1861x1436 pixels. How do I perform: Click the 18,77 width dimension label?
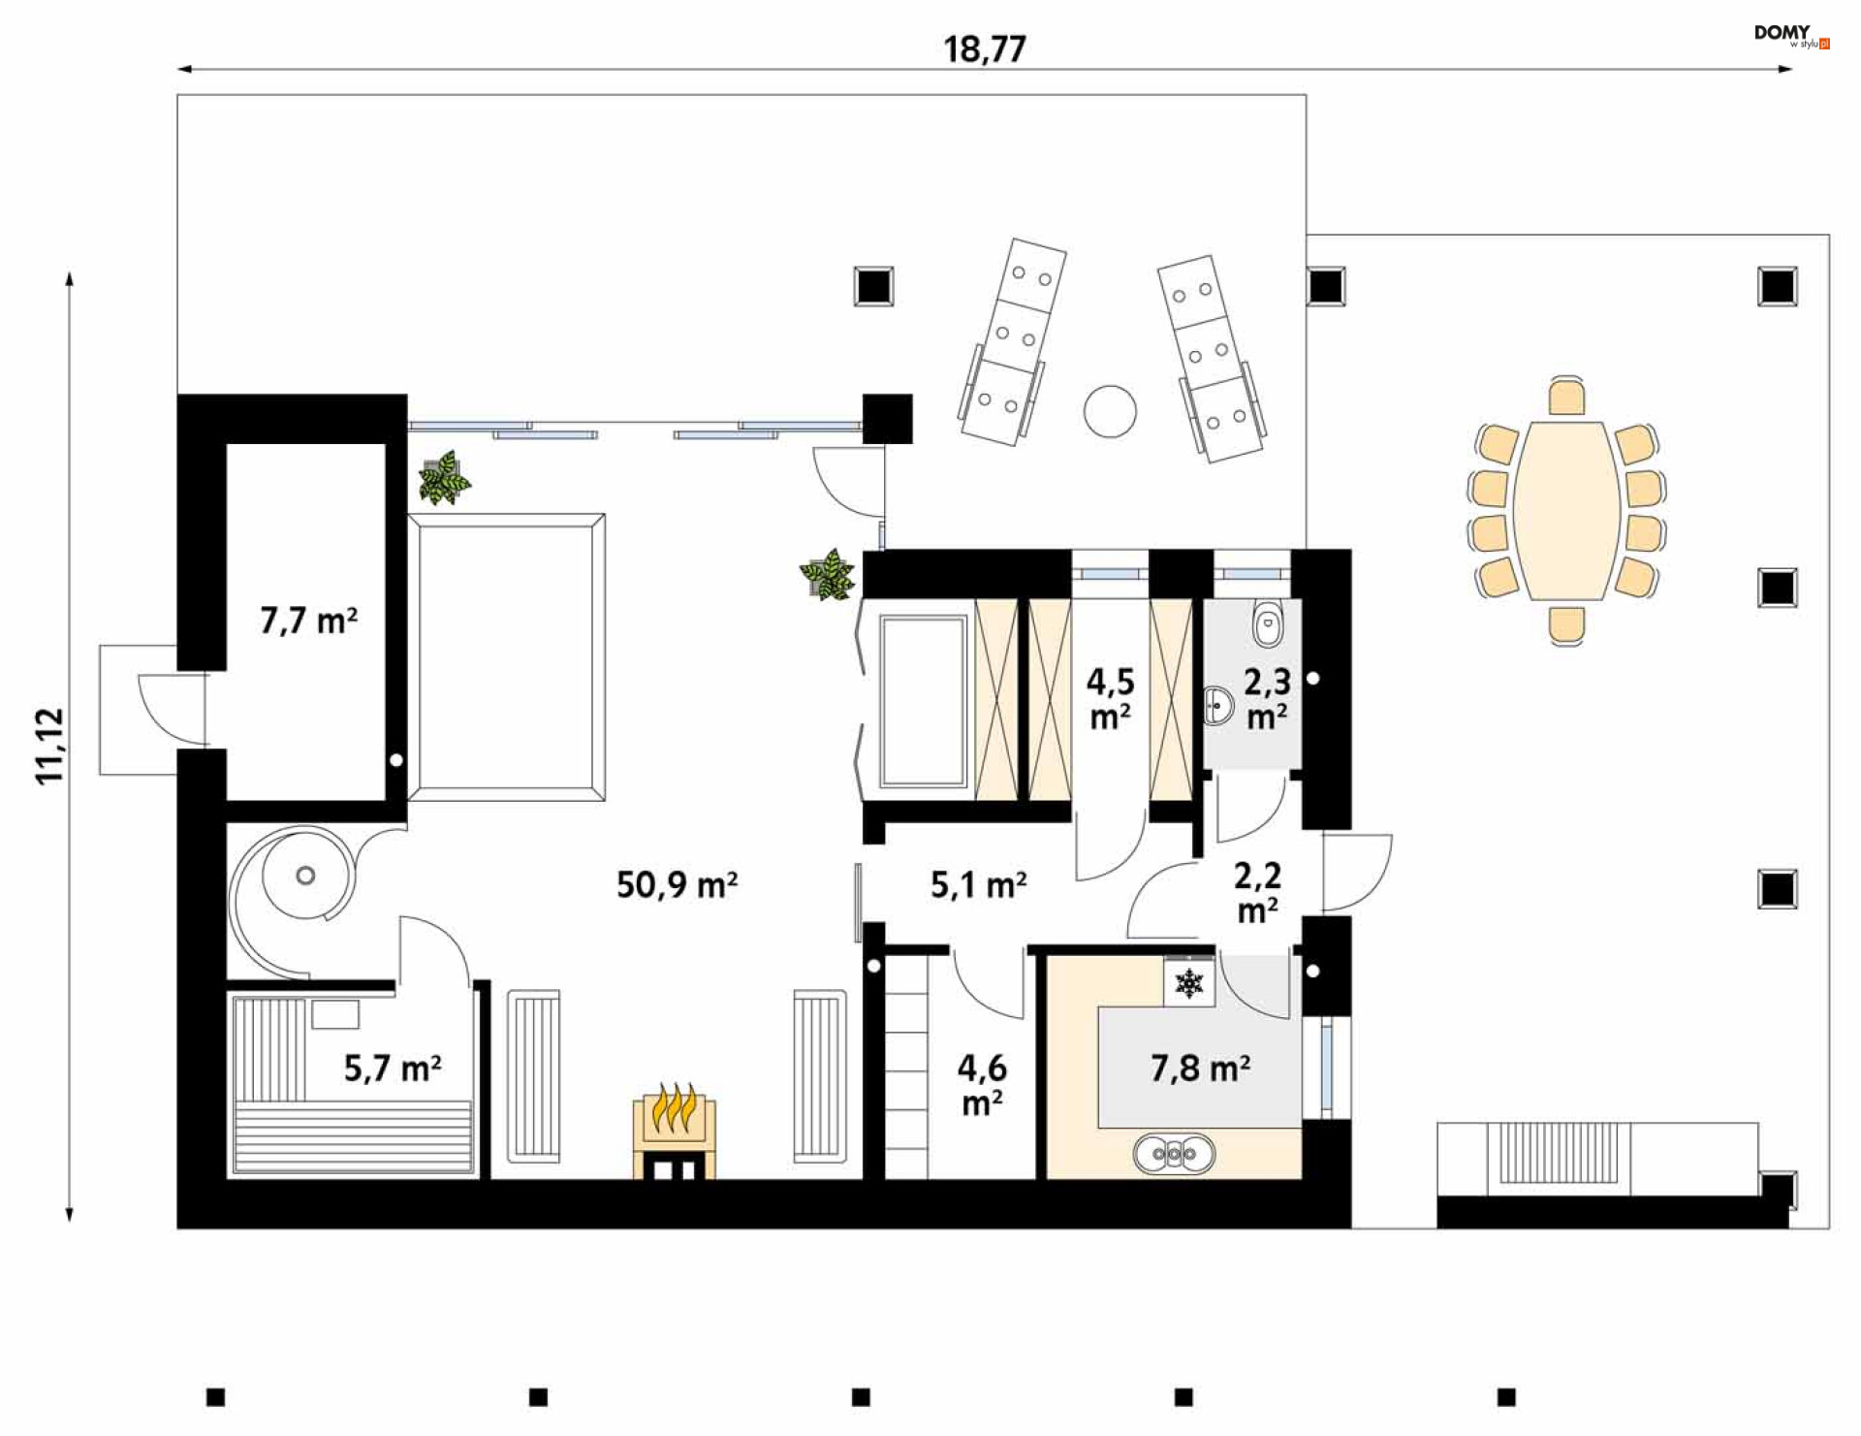point(985,49)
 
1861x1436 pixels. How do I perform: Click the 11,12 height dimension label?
point(49,746)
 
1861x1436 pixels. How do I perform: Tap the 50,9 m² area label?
point(677,885)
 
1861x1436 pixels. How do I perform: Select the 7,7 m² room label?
point(308,621)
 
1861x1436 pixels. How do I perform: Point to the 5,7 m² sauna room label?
point(393,1069)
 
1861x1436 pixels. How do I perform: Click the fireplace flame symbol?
point(675,1108)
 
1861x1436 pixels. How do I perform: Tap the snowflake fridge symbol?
point(1189,983)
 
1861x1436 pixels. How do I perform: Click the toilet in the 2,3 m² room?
point(1268,623)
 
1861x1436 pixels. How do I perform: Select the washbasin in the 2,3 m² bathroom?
point(1218,705)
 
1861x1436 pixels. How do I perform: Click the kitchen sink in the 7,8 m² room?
point(1174,1154)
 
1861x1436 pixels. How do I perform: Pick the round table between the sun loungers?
point(1110,411)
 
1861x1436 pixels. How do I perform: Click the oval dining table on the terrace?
point(1566,511)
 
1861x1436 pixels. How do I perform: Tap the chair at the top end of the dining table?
point(1566,396)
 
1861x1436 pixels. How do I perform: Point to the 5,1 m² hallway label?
point(978,885)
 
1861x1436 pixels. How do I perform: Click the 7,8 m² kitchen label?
point(1200,1069)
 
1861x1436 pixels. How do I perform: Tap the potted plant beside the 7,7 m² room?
point(444,478)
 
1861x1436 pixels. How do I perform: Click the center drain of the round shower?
point(305,876)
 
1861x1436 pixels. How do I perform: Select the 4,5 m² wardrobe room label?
point(1110,699)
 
